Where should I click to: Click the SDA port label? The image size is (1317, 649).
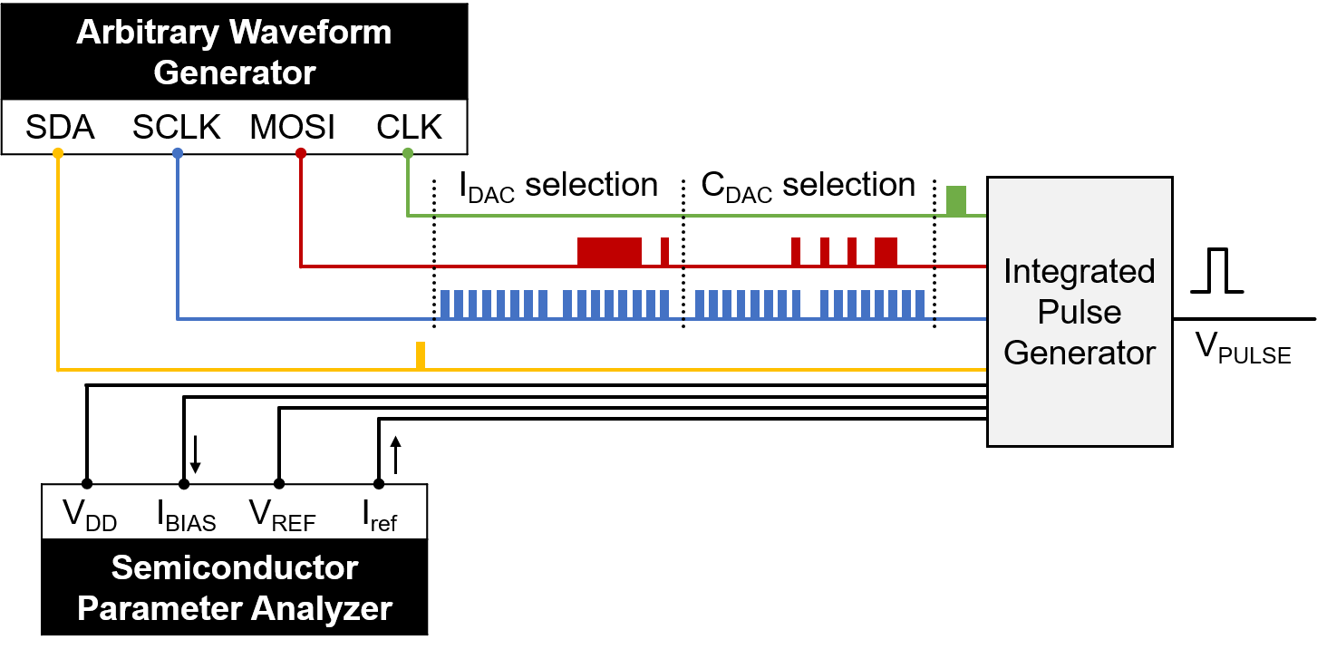point(60,128)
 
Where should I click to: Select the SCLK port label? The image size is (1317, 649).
point(176,128)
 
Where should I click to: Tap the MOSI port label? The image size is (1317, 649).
point(292,128)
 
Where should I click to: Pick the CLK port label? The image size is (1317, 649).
point(409,128)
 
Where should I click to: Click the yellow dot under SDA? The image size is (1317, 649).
point(58,153)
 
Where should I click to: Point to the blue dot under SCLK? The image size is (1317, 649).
point(178,153)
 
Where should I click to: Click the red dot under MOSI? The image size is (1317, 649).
point(301,153)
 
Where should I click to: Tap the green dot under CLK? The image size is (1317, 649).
point(408,153)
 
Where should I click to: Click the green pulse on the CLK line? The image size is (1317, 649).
point(956,200)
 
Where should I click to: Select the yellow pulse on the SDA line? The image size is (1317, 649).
point(421,355)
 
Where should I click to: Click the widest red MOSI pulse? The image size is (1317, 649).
point(609,251)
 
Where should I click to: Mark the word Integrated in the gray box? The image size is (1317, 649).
point(1079,271)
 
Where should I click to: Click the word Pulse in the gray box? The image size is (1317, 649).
point(1079,312)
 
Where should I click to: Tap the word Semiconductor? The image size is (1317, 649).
point(235,568)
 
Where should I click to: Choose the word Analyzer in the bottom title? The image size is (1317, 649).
point(321,608)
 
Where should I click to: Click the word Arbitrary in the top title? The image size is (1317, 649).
point(148,33)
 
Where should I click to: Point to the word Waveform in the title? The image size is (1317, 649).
point(309,33)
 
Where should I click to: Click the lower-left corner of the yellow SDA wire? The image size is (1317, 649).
point(58,370)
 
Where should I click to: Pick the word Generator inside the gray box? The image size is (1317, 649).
point(1079,352)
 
